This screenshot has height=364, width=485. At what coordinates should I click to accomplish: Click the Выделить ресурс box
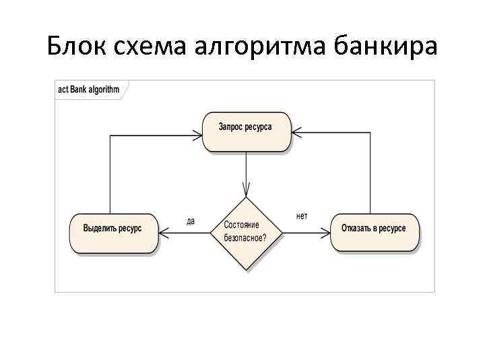113,233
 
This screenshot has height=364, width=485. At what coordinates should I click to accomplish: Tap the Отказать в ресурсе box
374,233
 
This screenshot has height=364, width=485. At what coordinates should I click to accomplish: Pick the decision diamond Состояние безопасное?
247,234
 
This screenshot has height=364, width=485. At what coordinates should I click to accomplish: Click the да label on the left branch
191,220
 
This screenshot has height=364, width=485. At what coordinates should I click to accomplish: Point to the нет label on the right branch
302,216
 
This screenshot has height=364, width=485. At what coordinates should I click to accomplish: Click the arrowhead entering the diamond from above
247,191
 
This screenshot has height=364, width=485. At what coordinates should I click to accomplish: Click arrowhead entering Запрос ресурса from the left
197,135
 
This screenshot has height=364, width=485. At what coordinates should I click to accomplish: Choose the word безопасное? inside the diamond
245,239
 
